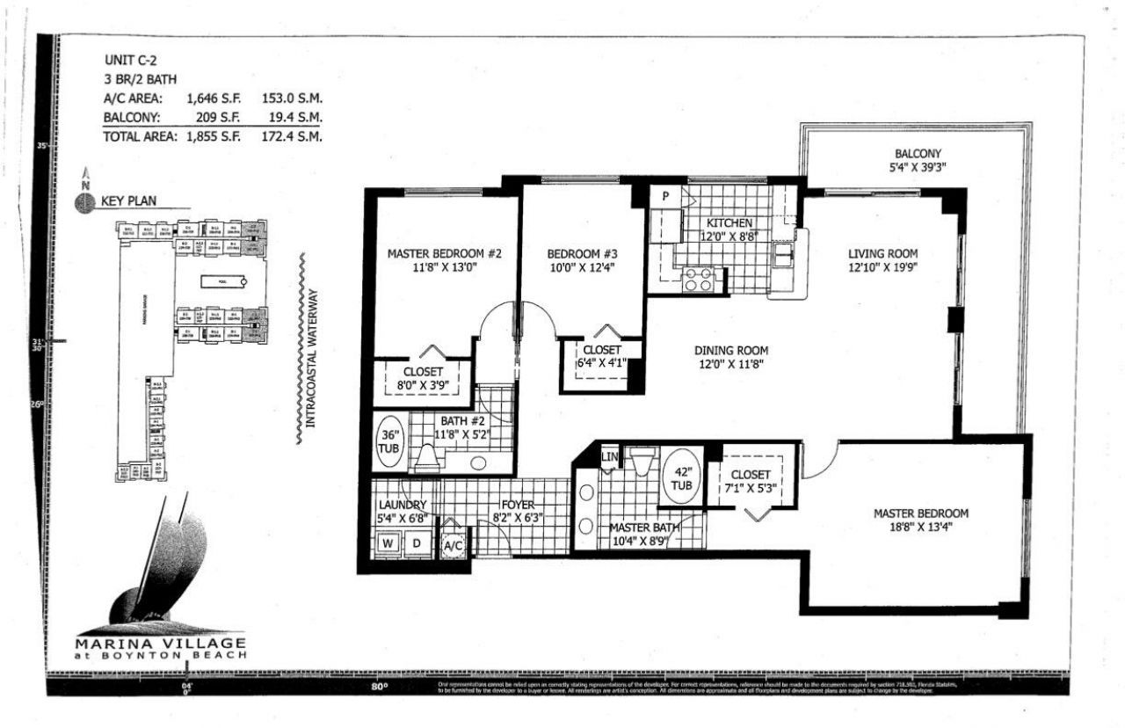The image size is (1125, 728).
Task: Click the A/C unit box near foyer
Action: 454,545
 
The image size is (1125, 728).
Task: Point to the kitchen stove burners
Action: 700,279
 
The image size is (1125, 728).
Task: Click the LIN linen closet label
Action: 609,458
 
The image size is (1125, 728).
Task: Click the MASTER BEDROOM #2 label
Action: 444,254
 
